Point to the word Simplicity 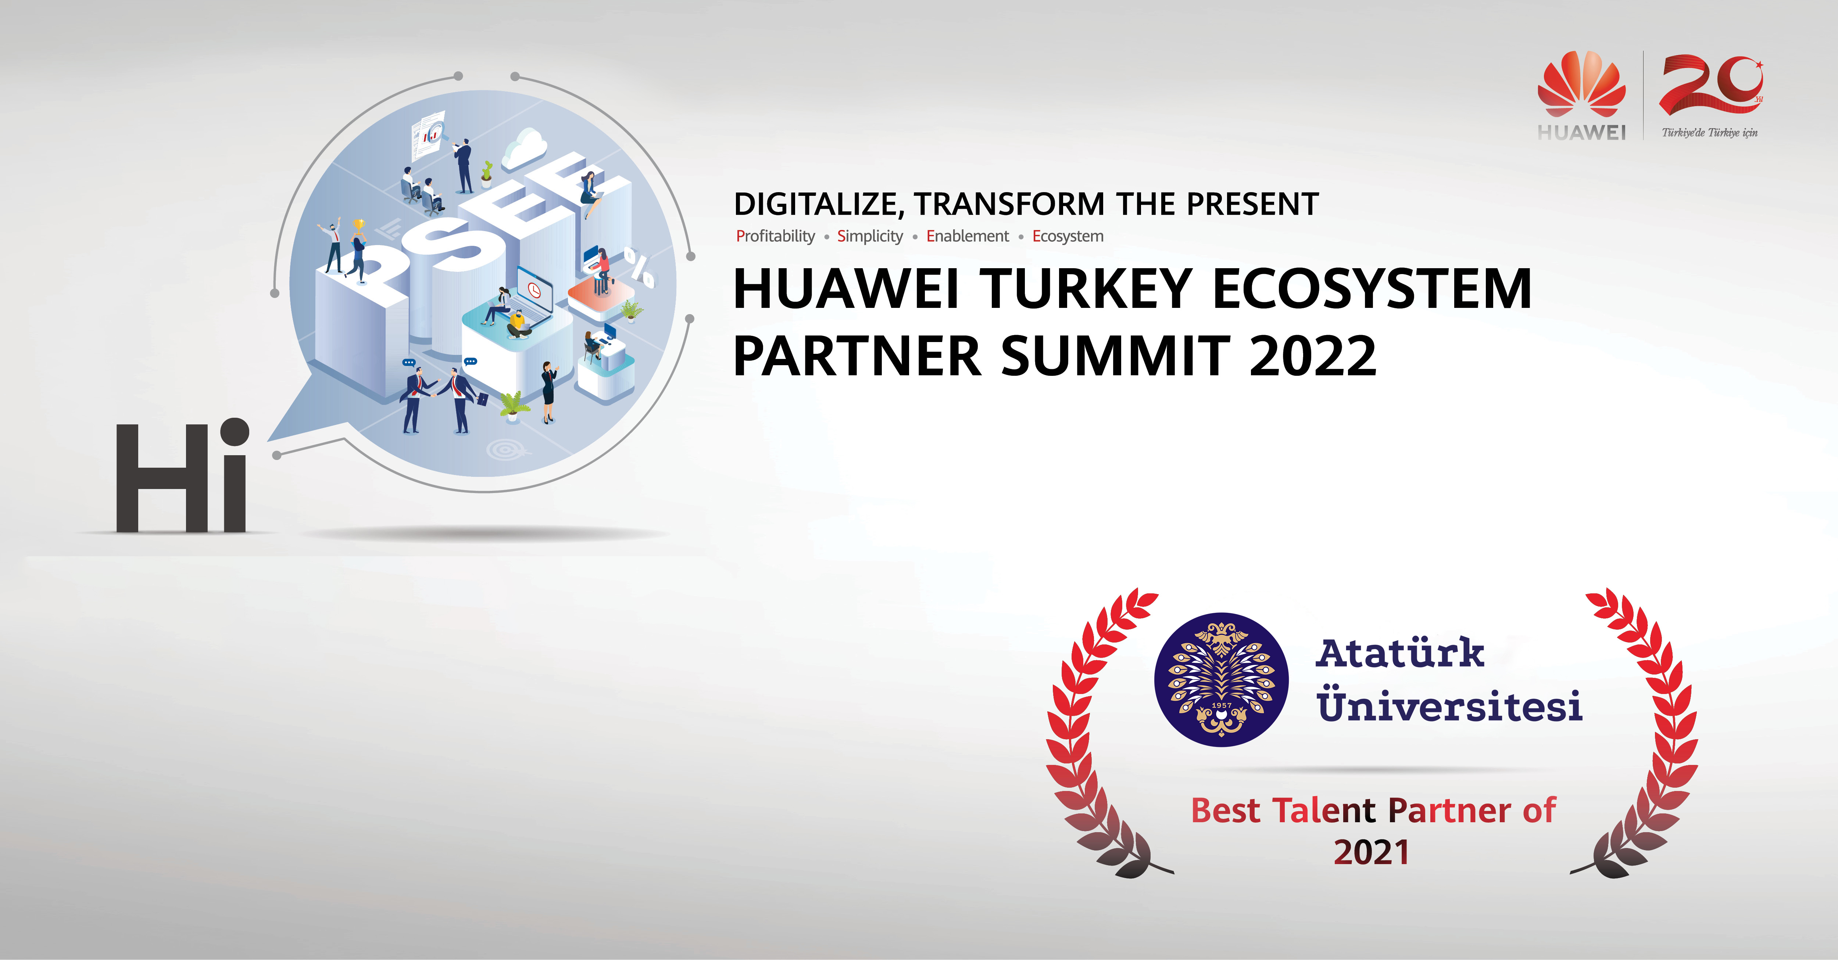coord(870,236)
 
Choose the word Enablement coord(968,236)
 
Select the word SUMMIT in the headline coord(1116,356)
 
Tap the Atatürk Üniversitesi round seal coord(1222,680)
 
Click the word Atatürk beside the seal coord(1400,652)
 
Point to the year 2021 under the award coord(1372,852)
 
